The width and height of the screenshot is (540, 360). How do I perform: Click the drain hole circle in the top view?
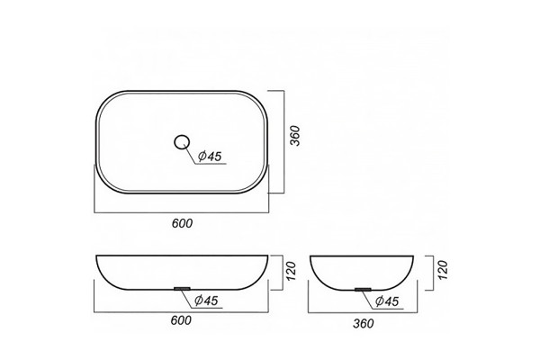(x=175, y=142)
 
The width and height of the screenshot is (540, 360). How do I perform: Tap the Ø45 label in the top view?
(x=210, y=157)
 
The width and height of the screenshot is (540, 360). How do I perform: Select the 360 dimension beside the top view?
(x=295, y=136)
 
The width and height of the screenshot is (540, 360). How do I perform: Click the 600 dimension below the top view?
(x=182, y=223)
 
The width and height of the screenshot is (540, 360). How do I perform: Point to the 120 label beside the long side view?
(x=292, y=271)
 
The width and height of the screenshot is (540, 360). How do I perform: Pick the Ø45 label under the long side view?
(x=206, y=301)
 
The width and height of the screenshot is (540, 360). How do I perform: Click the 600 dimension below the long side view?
(x=181, y=320)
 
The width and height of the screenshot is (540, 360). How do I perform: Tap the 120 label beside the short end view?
(x=443, y=270)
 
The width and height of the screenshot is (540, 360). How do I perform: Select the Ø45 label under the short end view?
(x=387, y=301)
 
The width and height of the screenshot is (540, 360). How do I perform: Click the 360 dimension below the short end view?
(x=364, y=323)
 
